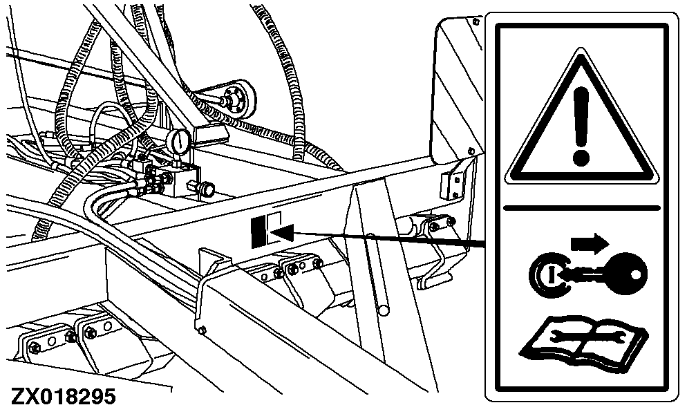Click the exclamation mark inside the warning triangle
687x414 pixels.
pyautogui.click(x=581, y=126)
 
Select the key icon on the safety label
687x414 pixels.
pyautogui.click(x=605, y=274)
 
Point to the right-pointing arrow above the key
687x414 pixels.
pyautogui.click(x=590, y=243)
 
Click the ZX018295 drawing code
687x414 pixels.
pyautogui.click(x=64, y=397)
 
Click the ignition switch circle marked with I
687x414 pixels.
pyautogui.click(x=547, y=274)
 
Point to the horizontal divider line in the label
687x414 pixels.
pyautogui.click(x=582, y=207)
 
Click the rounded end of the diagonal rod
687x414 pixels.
pyautogui.click(x=384, y=310)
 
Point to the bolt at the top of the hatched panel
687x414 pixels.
pyautogui.click(x=476, y=21)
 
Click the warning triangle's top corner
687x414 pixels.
pyautogui.click(x=581, y=48)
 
